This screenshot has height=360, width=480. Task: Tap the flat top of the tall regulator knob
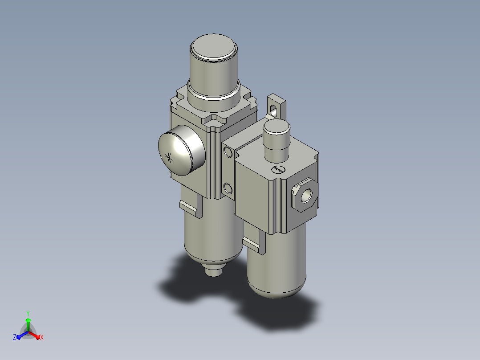point(214,47)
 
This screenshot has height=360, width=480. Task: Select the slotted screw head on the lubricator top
point(279,169)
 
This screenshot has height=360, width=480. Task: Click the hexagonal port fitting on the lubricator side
point(305,195)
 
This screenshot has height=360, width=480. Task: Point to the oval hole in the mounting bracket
point(273,110)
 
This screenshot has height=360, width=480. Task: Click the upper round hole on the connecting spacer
point(228,151)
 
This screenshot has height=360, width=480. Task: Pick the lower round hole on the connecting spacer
point(228,188)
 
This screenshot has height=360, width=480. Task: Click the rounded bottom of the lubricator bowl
point(277,290)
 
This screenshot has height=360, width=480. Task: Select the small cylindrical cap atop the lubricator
point(277,140)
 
